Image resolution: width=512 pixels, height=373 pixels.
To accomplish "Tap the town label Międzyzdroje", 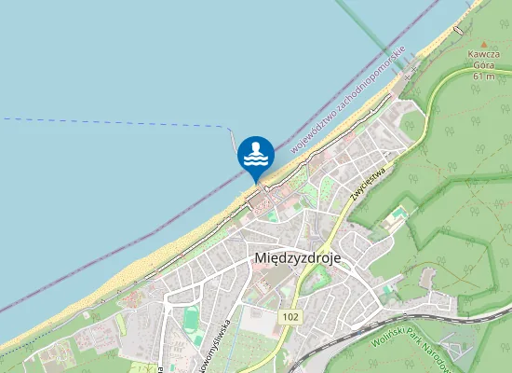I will click(297, 258).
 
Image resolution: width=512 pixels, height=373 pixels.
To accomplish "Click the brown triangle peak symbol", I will click(483, 44).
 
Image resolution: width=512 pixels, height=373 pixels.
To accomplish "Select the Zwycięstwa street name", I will click(369, 179).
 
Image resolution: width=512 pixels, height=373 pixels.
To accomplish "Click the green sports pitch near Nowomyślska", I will click(191, 319).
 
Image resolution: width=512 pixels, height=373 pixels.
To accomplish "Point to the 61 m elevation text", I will click(483, 76).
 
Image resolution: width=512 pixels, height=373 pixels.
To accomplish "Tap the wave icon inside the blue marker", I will click(256, 157).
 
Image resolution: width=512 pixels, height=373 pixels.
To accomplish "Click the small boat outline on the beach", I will click(457, 31).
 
